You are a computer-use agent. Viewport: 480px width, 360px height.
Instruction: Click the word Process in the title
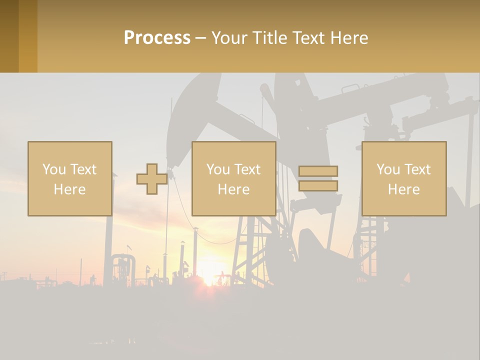[x=157, y=38]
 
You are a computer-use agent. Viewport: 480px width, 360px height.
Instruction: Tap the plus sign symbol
[x=152, y=179]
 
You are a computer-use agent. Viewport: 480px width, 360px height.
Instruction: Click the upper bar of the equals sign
[x=318, y=171]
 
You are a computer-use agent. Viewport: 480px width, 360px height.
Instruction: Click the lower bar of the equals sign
[x=318, y=186]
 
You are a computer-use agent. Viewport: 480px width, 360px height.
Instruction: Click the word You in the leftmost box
[x=54, y=169]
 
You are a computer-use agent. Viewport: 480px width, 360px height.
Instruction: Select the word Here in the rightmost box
[x=404, y=189]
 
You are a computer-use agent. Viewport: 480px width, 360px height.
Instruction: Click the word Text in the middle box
[x=247, y=169]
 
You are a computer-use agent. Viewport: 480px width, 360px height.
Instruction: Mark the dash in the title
[x=201, y=38]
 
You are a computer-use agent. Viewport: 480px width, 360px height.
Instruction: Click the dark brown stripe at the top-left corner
[x=9, y=36]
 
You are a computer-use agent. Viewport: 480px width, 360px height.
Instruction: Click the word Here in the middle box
[x=233, y=189]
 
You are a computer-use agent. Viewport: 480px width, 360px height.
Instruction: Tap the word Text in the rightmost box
[x=417, y=169]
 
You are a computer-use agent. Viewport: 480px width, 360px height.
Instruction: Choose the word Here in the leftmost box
[x=70, y=189]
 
